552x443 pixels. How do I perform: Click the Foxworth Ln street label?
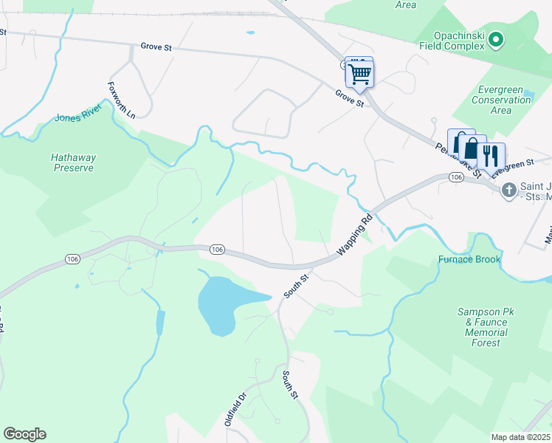click(122, 100)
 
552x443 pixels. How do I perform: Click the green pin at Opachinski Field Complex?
click(497, 39)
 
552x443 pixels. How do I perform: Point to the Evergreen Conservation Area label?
click(500, 100)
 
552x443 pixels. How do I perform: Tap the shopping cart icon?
click(360, 73)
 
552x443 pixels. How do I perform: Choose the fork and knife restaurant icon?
click(491, 156)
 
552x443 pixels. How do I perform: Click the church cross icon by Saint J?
click(508, 190)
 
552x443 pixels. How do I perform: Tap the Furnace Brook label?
click(469, 259)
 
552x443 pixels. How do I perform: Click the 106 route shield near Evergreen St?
click(455, 178)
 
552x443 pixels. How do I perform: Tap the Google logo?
click(24, 434)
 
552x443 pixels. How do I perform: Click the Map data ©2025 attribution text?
click(521, 437)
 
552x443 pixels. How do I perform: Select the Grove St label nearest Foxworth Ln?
click(157, 47)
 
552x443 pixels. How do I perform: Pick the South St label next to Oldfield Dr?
click(289, 385)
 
